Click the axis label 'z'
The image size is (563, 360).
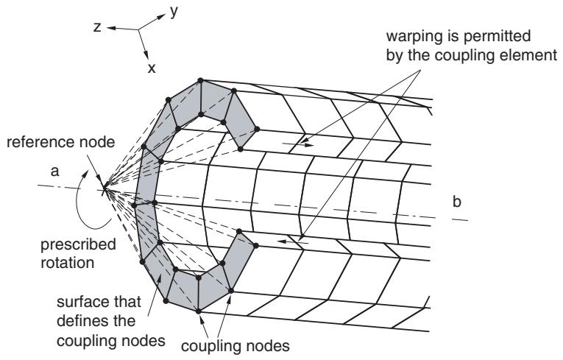(x=97, y=27)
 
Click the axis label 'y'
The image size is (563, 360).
(x=174, y=12)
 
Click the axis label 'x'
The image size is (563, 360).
(x=152, y=68)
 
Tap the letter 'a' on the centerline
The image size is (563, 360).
(x=54, y=172)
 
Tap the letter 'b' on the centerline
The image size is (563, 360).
(x=457, y=202)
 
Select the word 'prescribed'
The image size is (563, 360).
(x=78, y=245)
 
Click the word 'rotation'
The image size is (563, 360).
(x=68, y=263)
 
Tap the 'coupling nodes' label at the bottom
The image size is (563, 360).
(x=236, y=346)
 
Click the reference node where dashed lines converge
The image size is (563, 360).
(x=105, y=187)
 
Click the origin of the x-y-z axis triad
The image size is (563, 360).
(x=138, y=29)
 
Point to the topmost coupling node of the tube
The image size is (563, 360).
(x=200, y=80)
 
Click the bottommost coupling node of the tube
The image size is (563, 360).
(x=198, y=311)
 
